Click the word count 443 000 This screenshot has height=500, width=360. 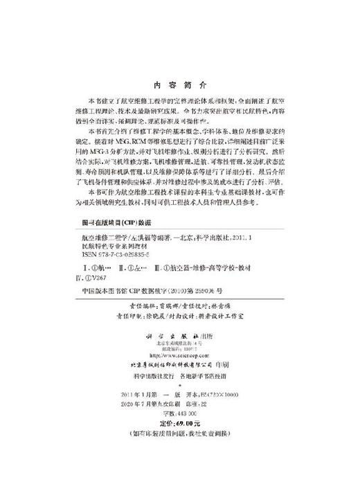pyautogui.click(x=181, y=413)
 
